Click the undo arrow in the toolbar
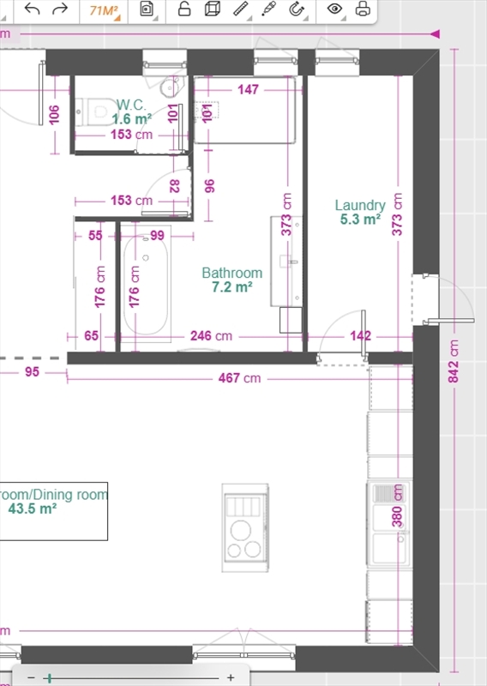32,9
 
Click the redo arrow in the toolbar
60,9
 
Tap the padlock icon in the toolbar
184,9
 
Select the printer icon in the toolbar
363,9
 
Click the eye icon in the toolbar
334,9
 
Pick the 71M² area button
104,10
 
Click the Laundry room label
360,205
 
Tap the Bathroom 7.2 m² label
231,280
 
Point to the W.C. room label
131,105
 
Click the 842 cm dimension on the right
454,361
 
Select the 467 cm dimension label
240,378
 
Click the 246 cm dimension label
211,336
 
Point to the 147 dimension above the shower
248,90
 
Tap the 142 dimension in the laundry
361,336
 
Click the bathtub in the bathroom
146,284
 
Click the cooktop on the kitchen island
245,527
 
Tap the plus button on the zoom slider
231,677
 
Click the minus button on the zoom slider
31,677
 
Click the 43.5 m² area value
33,508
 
